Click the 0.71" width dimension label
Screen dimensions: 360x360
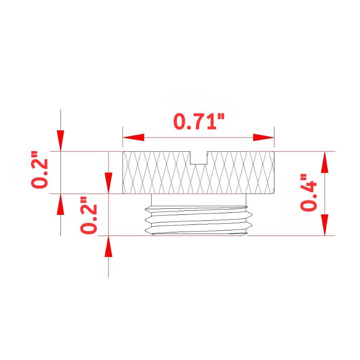198,121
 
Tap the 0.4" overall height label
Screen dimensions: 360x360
308,192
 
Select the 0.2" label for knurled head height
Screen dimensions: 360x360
40,170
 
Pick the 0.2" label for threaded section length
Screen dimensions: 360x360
89,215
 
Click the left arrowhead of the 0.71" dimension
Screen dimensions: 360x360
133,138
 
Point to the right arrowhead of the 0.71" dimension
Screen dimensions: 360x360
264,138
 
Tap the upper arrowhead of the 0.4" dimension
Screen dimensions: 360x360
324,162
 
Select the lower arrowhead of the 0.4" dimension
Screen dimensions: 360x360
324,225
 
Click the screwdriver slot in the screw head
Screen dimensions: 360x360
199,158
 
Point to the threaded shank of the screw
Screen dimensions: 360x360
199,221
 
